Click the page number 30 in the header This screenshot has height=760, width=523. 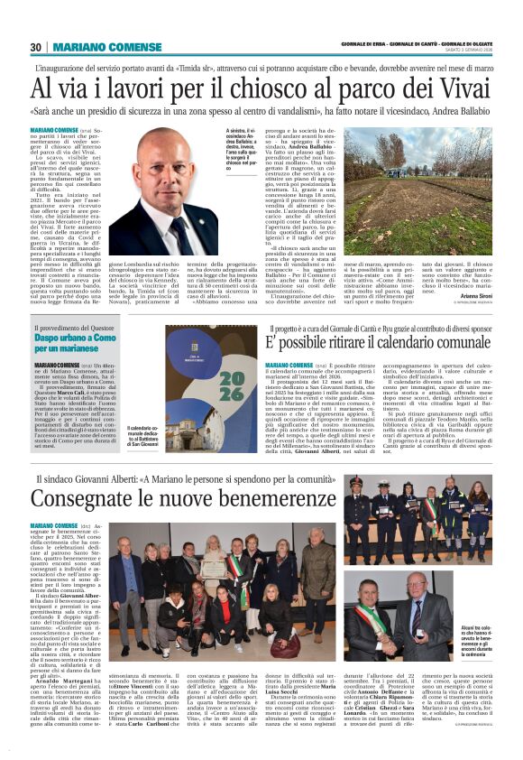(x=36, y=47)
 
